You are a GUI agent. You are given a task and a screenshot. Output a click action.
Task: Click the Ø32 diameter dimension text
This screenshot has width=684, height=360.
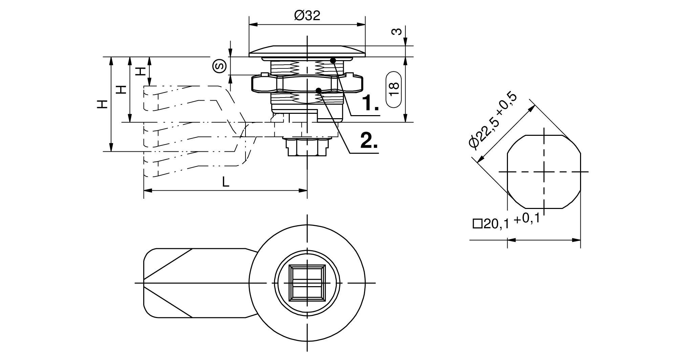click(307, 16)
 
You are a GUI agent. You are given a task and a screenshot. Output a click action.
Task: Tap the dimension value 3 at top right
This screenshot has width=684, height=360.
click(397, 31)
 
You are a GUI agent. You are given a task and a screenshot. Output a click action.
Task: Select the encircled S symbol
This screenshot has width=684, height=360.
click(219, 66)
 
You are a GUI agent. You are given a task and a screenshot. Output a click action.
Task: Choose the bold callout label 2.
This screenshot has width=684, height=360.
click(369, 140)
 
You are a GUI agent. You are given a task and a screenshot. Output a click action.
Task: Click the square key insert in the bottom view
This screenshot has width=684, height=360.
click(307, 282)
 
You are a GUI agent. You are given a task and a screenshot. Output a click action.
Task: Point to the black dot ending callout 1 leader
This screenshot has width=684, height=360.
click(333, 61)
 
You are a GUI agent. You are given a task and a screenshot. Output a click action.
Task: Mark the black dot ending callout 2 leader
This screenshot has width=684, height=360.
click(318, 90)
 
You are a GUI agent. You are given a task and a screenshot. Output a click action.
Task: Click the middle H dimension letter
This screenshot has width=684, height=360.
click(121, 89)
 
